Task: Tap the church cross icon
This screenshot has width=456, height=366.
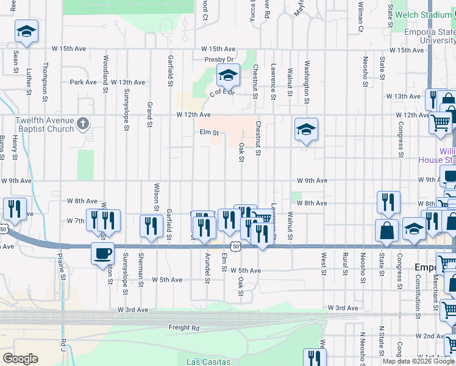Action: pos(84,124)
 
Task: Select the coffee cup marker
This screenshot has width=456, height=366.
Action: pos(102,253)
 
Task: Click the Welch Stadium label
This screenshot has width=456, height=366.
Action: pos(424,15)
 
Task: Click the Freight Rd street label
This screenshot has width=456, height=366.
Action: pos(183,328)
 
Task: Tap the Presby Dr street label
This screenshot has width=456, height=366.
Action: pos(219,60)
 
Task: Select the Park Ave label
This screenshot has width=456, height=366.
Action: pos(84,82)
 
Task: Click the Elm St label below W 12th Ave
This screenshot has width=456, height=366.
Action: pos(209,132)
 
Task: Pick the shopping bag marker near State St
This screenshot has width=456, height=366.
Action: pos(387,231)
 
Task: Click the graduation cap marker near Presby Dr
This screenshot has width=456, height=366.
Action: pos(228,76)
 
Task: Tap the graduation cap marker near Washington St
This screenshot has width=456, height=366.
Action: pos(306,130)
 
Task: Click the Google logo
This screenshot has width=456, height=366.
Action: pos(20,359)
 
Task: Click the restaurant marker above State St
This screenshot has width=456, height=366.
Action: pos(388,203)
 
